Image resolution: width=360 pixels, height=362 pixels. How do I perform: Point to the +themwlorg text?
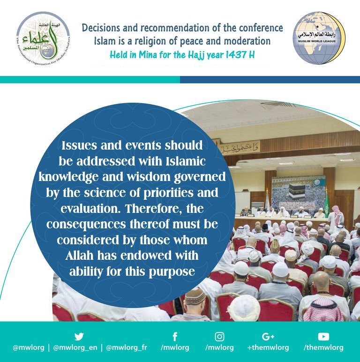pyautogui.click(x=268, y=348)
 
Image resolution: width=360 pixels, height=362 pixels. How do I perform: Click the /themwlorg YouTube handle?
pyautogui.click(x=323, y=348)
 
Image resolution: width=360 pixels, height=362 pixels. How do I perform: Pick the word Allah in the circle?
pyautogui.click(x=98, y=257)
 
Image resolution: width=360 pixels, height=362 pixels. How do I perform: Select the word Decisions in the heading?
pyautogui.click(x=102, y=28)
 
